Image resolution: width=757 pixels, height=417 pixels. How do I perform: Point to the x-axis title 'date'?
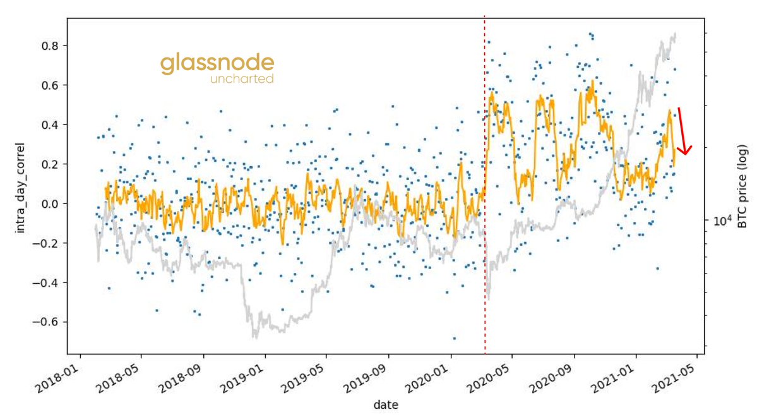[385, 404]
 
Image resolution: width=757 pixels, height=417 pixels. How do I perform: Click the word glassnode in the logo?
[217, 64]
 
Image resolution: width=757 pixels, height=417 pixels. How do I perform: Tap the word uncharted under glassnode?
[242, 80]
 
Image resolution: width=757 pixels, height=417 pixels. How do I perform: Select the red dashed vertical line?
[484, 190]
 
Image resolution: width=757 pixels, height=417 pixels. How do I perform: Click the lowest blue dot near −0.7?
[454, 338]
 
